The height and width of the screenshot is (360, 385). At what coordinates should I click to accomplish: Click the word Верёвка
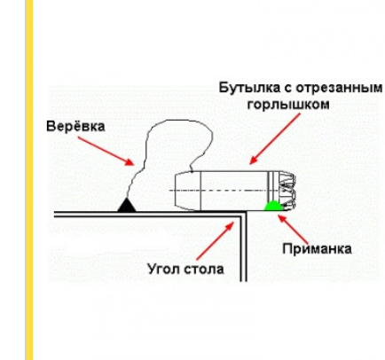pos(75,127)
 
